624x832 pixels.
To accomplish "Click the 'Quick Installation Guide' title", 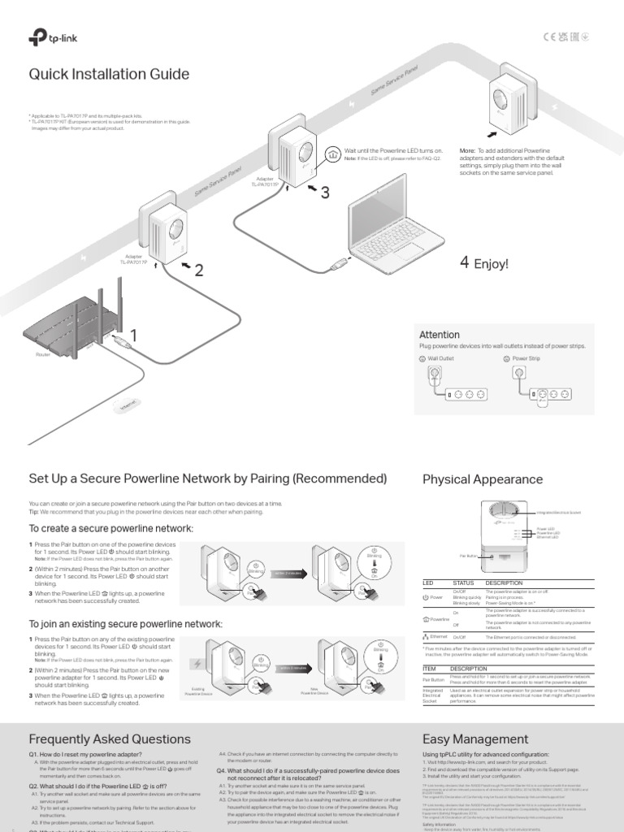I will click(x=109, y=75).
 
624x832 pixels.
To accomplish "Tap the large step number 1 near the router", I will click(x=134, y=336).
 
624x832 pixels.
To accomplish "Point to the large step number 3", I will click(x=324, y=193).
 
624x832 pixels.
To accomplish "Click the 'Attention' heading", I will click(x=439, y=335).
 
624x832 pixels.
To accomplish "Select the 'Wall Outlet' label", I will click(x=440, y=358).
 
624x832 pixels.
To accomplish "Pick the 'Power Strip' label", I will click(x=526, y=358).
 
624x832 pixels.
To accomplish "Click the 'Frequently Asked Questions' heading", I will click(x=110, y=739).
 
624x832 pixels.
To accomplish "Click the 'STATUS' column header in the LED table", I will click(x=462, y=583).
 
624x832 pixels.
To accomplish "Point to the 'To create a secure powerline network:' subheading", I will click(x=111, y=527).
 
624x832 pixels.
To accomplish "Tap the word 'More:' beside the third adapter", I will click(x=467, y=151).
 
